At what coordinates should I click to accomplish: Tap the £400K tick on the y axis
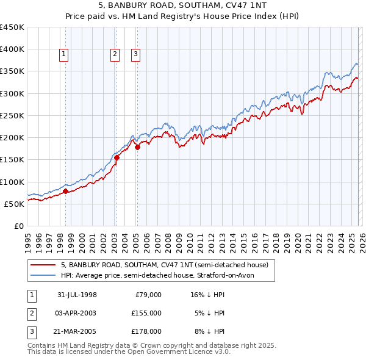pos(12,49)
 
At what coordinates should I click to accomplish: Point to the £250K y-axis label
pos(12,115)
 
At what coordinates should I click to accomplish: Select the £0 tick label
pos(19,226)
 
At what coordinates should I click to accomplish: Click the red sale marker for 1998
pos(65,191)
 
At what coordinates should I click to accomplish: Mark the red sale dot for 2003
pos(116,157)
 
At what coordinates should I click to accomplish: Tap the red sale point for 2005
pos(137,147)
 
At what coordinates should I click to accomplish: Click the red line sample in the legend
pos(44,265)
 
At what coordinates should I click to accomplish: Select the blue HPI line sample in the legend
pos(44,275)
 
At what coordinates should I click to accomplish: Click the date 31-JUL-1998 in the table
pos(77,295)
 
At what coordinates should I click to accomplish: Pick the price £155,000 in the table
pos(146,313)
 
